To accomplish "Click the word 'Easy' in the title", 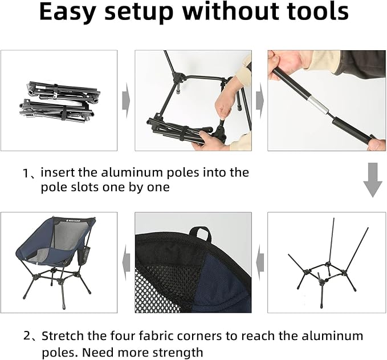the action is (x=66, y=13).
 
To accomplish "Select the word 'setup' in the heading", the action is (x=138, y=13).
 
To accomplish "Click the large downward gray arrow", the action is (x=373, y=180).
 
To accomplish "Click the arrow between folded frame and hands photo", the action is (x=126, y=100).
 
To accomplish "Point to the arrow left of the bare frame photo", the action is (x=260, y=262).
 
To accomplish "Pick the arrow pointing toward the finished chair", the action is (x=127, y=262).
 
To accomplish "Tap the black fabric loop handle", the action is (x=201, y=233).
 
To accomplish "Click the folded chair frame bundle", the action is (x=60, y=102).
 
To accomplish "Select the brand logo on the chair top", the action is (x=75, y=220).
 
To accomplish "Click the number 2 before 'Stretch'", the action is (x=27, y=336).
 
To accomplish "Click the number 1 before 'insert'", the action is (x=26, y=173).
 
